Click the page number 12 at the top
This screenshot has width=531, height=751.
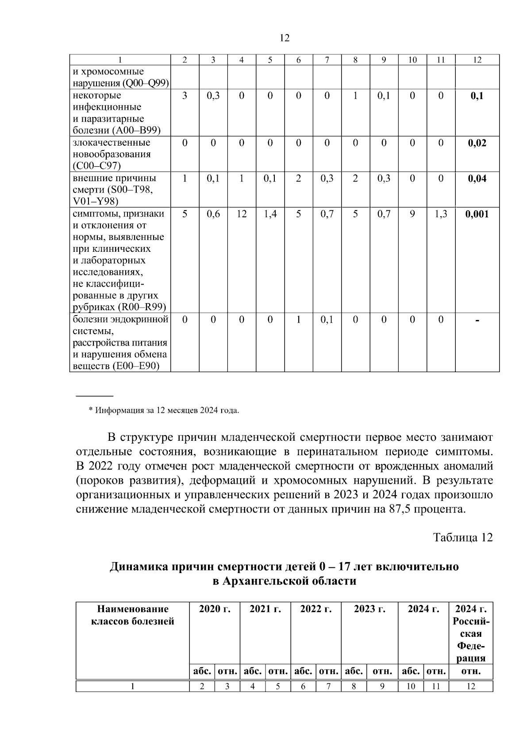point(285,38)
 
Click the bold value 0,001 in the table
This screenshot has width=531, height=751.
point(477,214)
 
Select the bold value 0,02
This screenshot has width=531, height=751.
point(477,143)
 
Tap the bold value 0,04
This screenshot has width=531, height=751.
point(477,178)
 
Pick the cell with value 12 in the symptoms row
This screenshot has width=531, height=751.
point(242,214)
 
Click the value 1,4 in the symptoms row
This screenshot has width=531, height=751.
point(270,214)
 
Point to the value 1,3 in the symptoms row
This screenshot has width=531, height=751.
point(441,214)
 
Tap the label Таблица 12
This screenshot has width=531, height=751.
point(462,537)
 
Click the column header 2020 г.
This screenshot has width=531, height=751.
point(215,609)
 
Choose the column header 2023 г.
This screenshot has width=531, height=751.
point(369,609)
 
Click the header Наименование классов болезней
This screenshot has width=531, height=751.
point(133,615)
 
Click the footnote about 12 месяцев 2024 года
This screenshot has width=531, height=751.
point(164,410)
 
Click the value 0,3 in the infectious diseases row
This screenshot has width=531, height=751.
point(213,96)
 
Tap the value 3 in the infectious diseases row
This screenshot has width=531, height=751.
point(185,96)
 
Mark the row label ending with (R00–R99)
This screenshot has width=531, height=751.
point(119,307)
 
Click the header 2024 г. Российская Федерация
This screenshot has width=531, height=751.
point(471,633)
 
